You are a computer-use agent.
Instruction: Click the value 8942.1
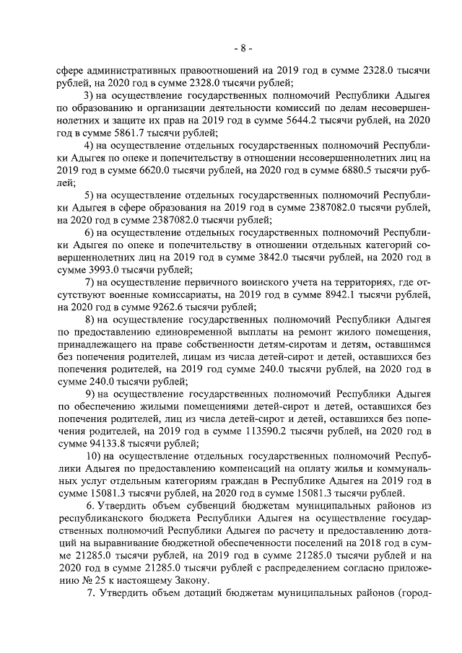pyautogui.click(x=301, y=295)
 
